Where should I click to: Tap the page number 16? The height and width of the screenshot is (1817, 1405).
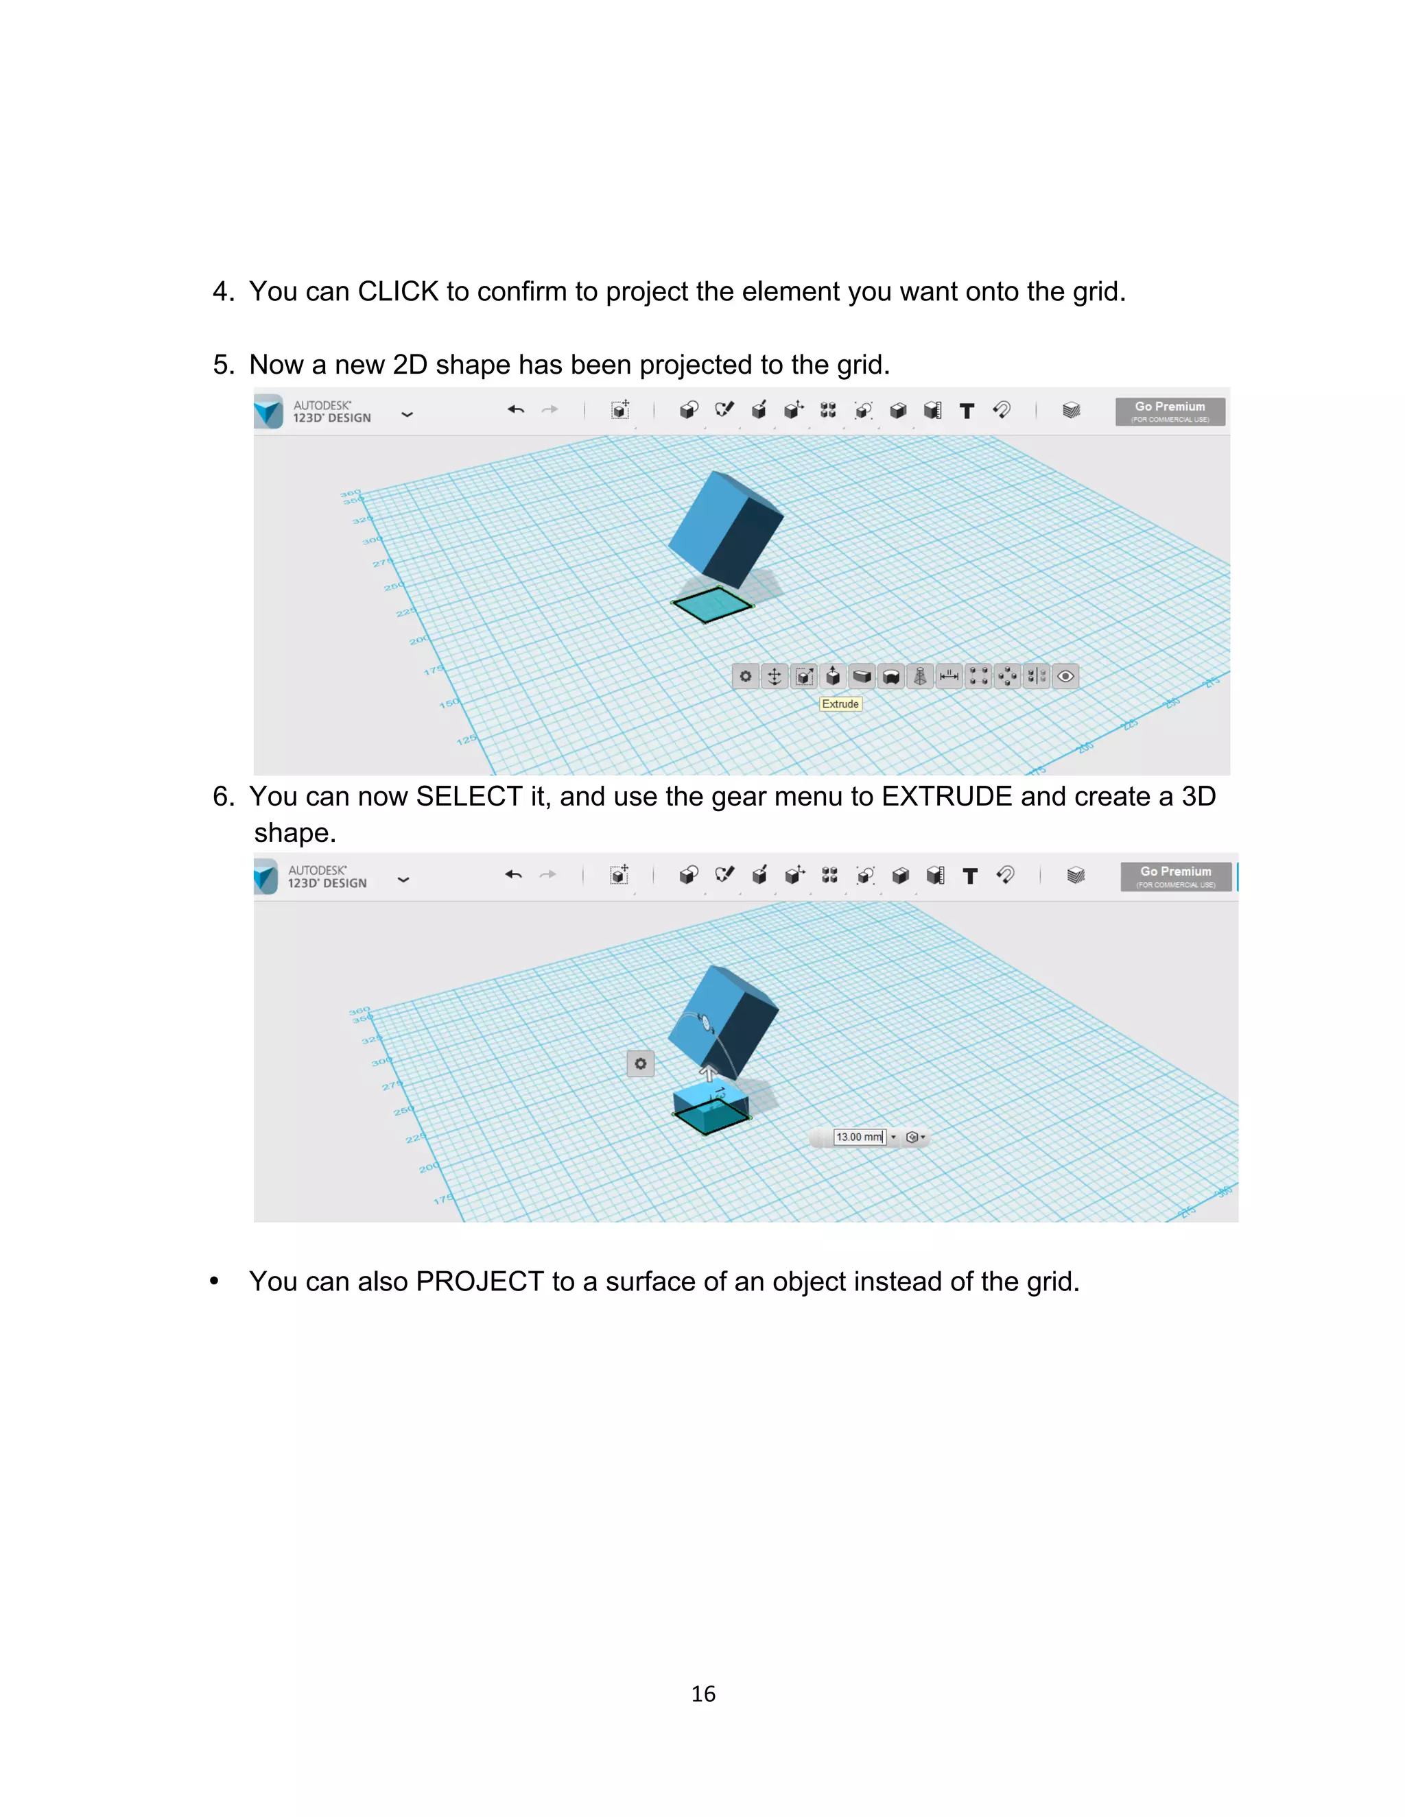pos(703,1694)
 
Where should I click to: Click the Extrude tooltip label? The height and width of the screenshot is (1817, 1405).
pos(840,704)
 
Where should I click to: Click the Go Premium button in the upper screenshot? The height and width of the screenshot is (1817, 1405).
pos(1170,411)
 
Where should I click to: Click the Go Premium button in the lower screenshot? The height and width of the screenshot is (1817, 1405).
pos(1175,876)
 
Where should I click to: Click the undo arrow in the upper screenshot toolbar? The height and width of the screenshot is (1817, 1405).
pos(515,409)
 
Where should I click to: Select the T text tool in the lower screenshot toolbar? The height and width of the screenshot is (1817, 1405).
pos(969,875)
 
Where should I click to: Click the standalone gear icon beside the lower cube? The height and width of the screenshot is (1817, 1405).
pos(640,1063)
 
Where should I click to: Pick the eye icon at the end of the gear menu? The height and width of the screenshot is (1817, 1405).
pos(1065,676)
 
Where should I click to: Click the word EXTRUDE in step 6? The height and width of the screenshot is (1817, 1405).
pos(946,797)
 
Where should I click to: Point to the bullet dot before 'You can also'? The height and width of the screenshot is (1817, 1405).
pos(215,1281)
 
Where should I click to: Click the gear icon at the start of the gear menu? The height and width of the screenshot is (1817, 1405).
pos(746,676)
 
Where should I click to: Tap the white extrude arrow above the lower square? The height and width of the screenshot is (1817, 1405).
pos(708,1072)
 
